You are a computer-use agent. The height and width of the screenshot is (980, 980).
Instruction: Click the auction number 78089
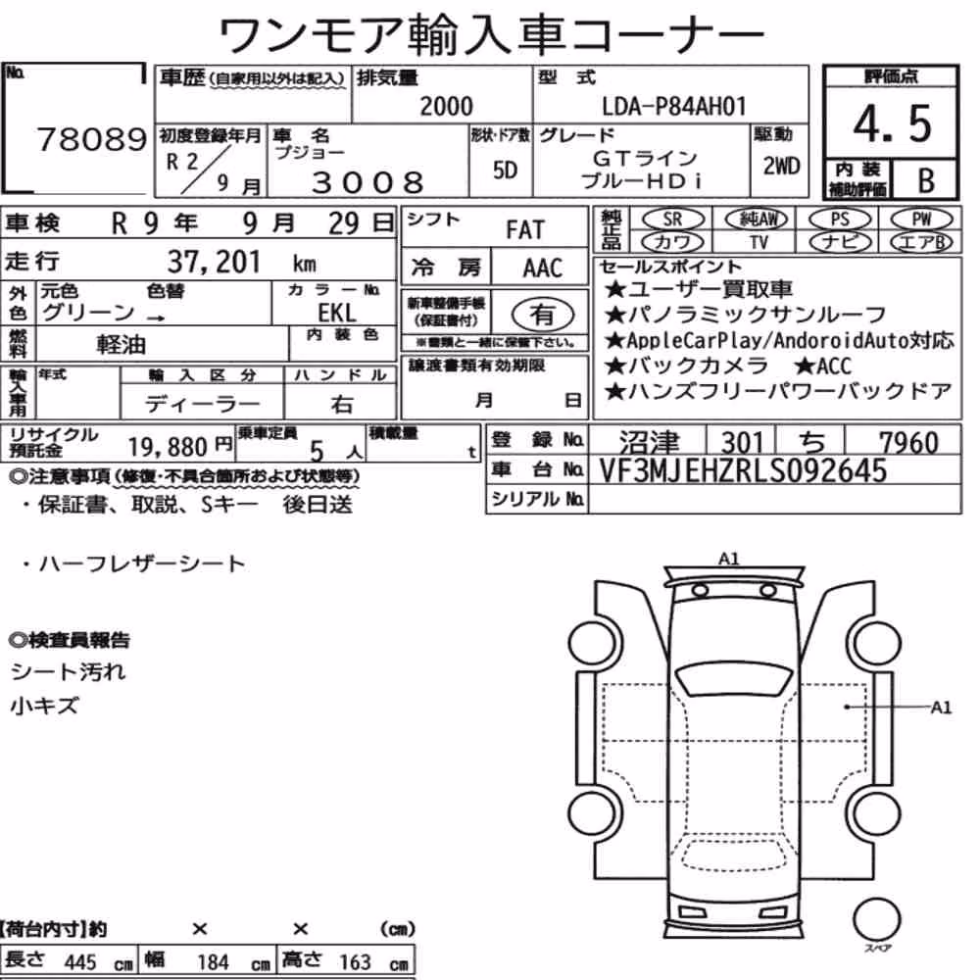point(92,139)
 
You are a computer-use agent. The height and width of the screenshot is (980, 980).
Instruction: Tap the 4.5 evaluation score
point(892,123)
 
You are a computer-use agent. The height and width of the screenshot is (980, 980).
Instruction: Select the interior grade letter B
point(926,180)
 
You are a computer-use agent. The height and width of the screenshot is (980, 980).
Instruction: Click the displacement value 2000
point(446,106)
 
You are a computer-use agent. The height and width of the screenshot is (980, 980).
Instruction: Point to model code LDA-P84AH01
point(674,107)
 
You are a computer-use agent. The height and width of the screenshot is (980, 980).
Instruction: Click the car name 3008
point(367,182)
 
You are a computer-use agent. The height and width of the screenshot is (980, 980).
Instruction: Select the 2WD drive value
point(781,166)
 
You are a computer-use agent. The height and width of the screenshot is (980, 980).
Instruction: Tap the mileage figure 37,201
point(214,262)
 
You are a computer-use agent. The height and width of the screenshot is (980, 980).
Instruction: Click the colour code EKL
point(337,312)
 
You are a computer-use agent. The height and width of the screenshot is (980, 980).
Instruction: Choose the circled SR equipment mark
point(673,220)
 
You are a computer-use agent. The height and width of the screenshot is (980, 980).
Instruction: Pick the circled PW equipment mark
point(921,220)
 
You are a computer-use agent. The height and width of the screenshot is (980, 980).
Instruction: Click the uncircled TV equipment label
point(759,242)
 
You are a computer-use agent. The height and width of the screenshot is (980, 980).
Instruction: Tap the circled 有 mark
point(543,315)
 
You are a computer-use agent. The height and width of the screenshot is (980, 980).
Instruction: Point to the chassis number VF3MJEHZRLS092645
point(743,470)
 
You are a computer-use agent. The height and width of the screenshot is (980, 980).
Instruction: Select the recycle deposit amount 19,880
point(168,447)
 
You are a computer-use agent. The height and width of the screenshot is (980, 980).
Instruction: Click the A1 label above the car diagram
point(729,559)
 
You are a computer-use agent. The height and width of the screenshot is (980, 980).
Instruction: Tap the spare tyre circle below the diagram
point(876,920)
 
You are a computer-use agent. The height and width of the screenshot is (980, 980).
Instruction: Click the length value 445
point(80,962)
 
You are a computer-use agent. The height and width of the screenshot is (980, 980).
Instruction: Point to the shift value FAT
point(525,230)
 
